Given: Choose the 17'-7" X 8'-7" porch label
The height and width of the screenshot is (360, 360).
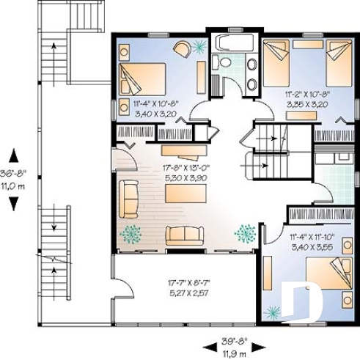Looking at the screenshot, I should [x=184, y=281].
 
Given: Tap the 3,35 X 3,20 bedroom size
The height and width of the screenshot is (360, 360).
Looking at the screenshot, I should [x=306, y=105].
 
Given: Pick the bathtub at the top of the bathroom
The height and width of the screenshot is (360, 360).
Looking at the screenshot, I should [x=232, y=42].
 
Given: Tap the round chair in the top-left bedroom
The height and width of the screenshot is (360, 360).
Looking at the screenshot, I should [x=182, y=48].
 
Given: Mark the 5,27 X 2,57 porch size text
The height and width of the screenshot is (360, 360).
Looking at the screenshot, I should [x=184, y=291].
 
